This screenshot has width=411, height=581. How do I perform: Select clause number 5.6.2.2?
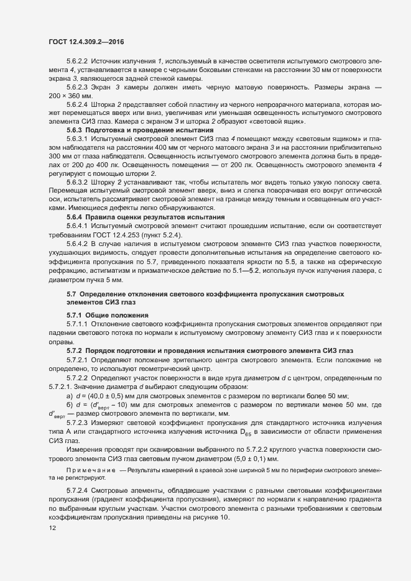(x=78, y=62)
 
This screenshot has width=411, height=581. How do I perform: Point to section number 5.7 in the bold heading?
(x=71, y=293)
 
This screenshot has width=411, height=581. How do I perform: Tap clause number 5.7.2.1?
(x=78, y=360)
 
